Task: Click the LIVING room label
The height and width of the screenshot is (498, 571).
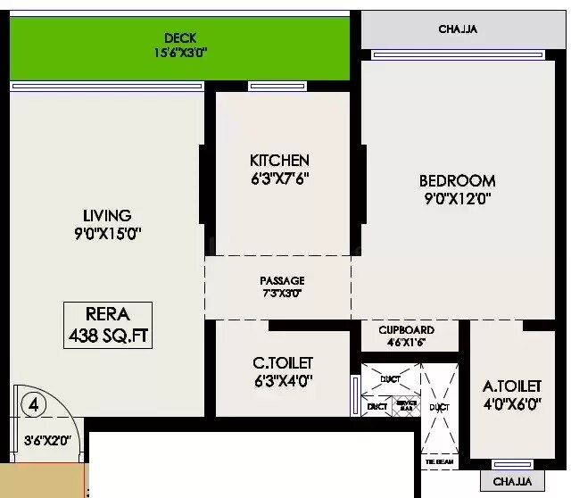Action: [107, 215]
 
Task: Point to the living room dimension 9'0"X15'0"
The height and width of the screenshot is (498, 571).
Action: [107, 234]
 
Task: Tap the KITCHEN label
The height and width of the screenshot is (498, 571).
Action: [279, 161]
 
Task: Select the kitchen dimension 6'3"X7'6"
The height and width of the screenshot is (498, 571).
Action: [279, 178]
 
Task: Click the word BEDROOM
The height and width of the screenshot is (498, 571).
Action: [457, 181]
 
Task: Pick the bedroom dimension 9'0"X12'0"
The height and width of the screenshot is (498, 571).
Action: [457, 199]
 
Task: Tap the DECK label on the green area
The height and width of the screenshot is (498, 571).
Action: [180, 37]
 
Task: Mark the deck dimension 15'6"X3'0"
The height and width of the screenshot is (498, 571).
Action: [180, 52]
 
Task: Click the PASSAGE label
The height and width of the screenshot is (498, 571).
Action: [282, 280]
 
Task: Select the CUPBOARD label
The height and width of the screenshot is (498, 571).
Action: [406, 329]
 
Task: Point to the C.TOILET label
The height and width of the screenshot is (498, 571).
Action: [283, 362]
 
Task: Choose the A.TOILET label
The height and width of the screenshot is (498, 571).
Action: [512, 386]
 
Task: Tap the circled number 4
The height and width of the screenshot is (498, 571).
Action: [33, 403]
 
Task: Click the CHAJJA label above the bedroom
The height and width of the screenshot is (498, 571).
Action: [458, 29]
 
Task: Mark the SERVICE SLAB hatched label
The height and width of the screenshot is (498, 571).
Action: [406, 405]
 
